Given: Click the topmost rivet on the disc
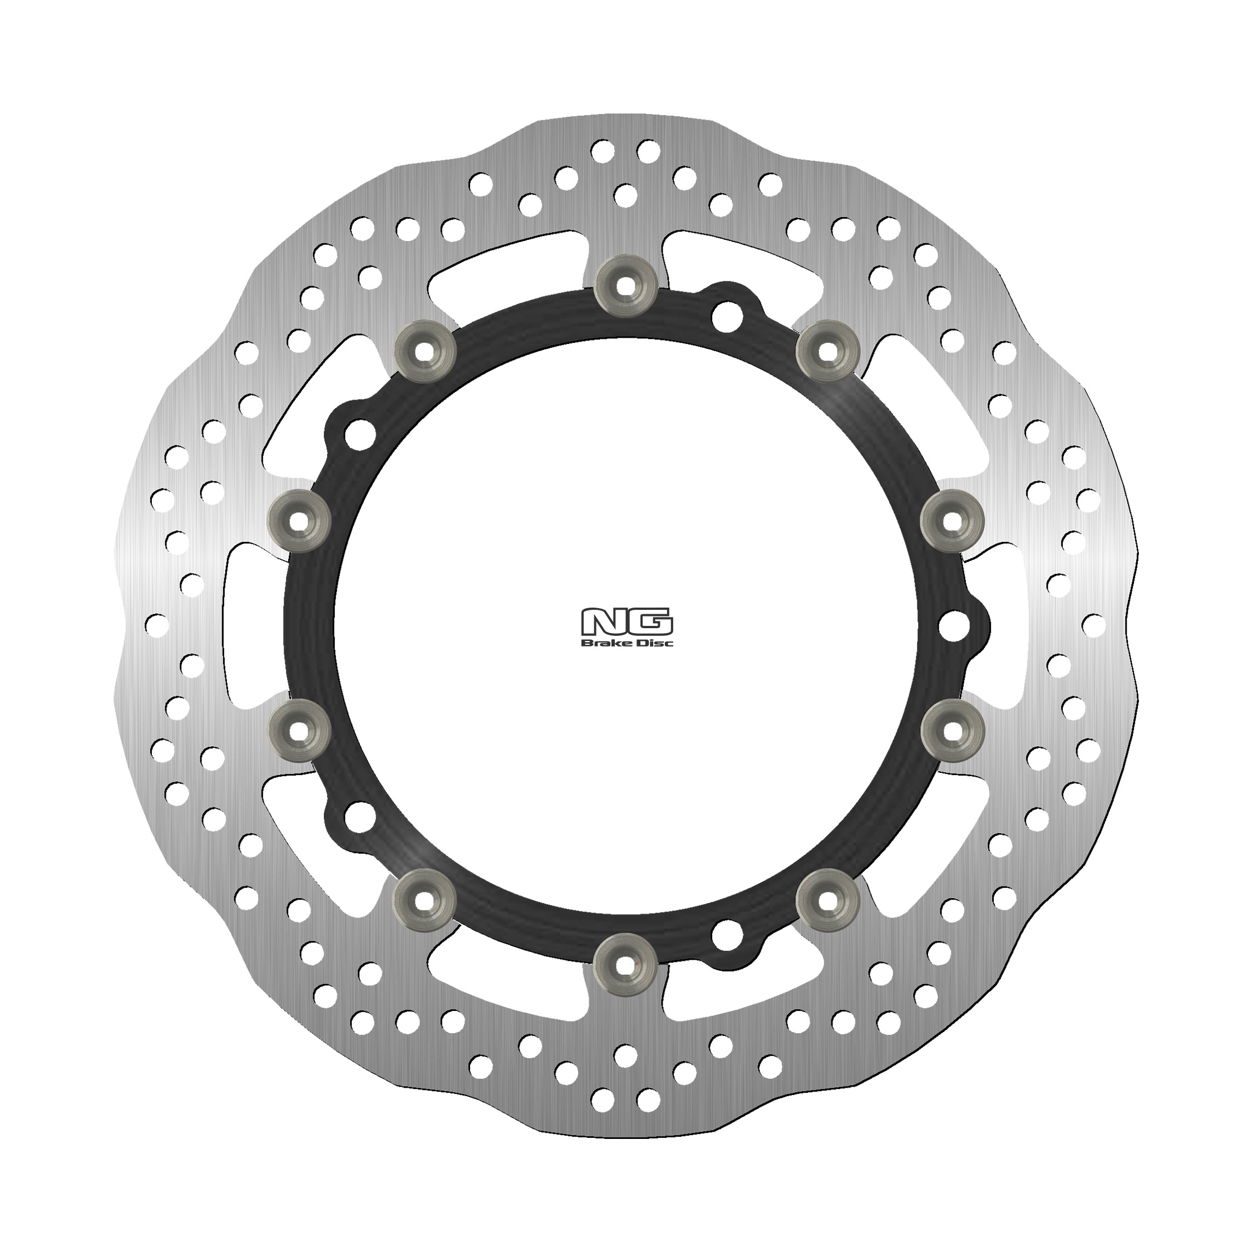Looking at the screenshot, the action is (625, 285).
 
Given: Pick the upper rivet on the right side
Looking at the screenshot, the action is (952, 521).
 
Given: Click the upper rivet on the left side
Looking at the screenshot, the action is (298, 521).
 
